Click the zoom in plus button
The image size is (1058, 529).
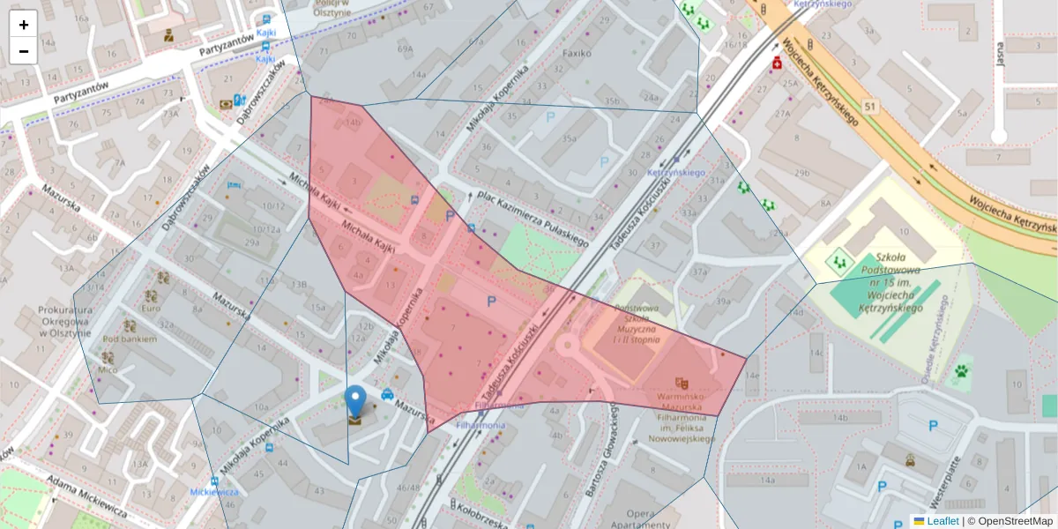coord(24,25)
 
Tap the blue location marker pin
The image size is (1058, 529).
coord(355,401)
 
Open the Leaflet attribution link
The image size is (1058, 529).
coord(943,521)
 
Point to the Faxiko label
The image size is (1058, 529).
coord(577,53)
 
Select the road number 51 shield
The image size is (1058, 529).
coord(871,107)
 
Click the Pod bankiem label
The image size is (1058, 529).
coord(130,339)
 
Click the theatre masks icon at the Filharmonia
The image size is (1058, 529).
coord(681,384)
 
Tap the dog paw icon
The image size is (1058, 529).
coord(960,372)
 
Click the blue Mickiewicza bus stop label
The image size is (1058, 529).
coord(214,492)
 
